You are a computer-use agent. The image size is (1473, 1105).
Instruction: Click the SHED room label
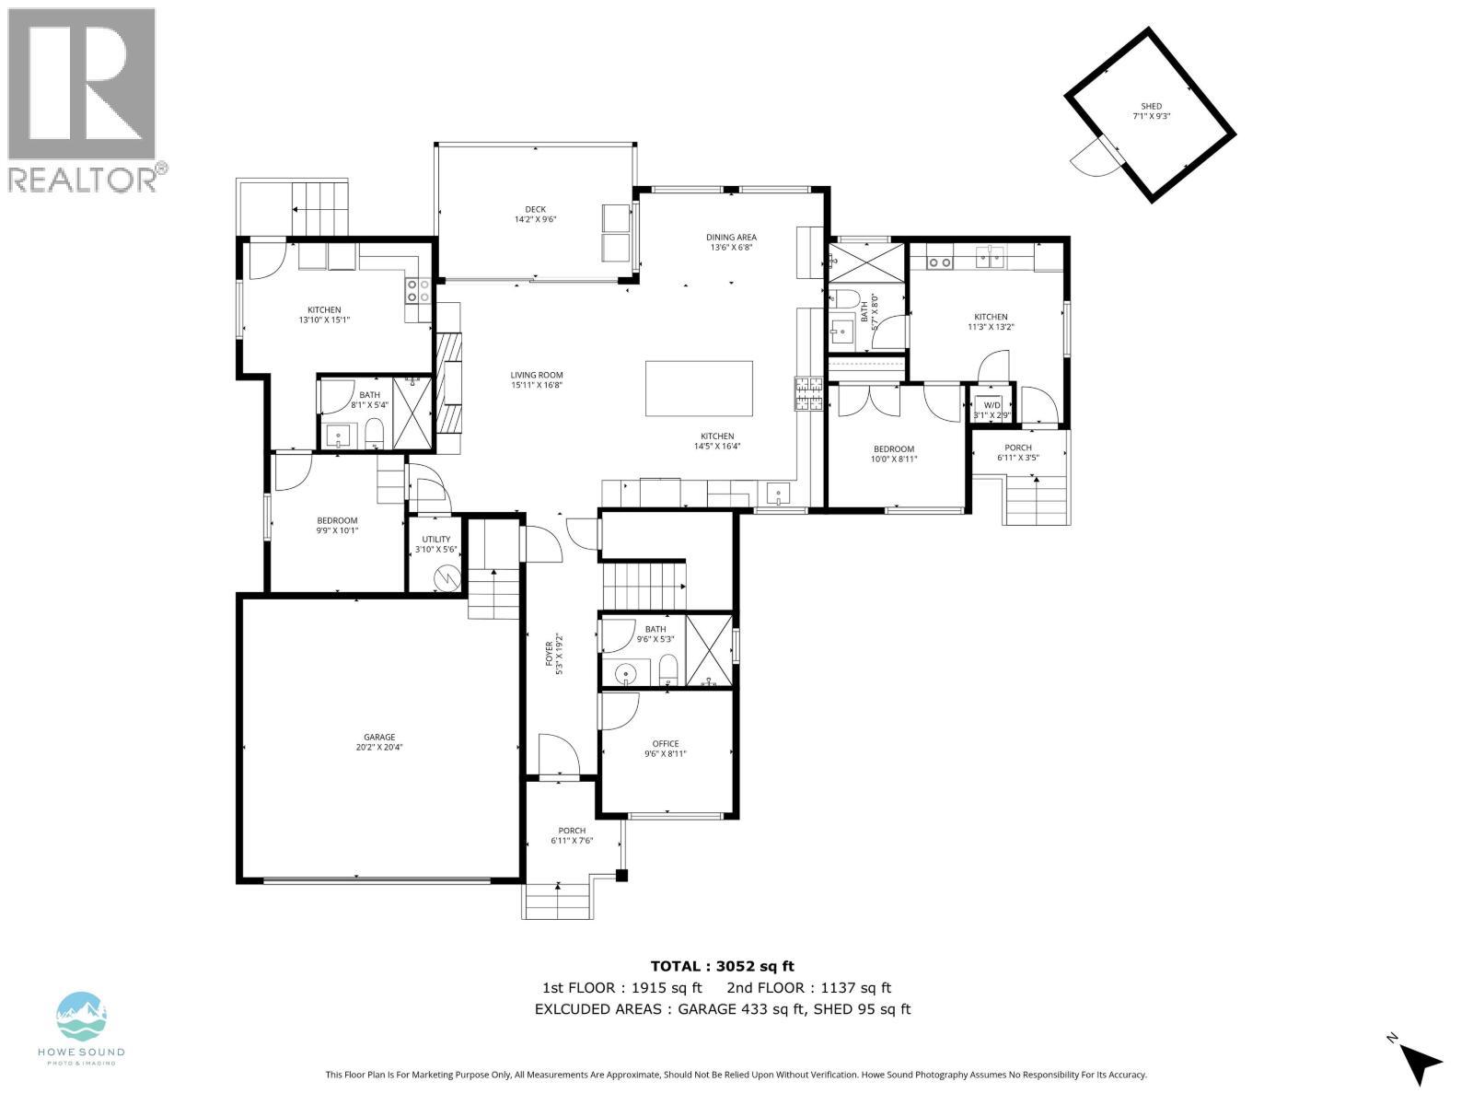(x=1151, y=111)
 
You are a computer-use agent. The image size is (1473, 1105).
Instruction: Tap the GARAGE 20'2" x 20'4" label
(x=379, y=742)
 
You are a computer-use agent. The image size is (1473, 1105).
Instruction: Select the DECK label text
(x=536, y=215)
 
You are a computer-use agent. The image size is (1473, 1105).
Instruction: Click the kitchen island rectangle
(x=699, y=389)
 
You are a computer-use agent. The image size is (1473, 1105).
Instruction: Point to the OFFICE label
(x=666, y=749)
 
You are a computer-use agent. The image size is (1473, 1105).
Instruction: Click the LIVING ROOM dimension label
(x=537, y=380)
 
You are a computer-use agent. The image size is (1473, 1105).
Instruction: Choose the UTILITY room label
(x=436, y=544)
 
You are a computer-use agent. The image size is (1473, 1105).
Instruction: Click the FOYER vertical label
(x=553, y=655)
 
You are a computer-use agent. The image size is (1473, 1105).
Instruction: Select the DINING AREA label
(x=731, y=242)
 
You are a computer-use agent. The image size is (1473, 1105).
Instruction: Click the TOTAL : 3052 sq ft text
(x=722, y=966)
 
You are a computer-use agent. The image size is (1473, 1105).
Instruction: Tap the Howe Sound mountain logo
(x=82, y=1017)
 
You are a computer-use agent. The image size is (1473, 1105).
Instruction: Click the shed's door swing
(x=1092, y=159)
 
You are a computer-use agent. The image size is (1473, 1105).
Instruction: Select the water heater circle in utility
(x=447, y=579)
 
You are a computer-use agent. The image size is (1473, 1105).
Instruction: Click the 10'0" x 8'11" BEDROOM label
(x=894, y=454)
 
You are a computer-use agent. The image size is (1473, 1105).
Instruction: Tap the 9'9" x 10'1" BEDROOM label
(x=337, y=525)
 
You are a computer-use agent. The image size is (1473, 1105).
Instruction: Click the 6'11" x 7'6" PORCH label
(x=572, y=835)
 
